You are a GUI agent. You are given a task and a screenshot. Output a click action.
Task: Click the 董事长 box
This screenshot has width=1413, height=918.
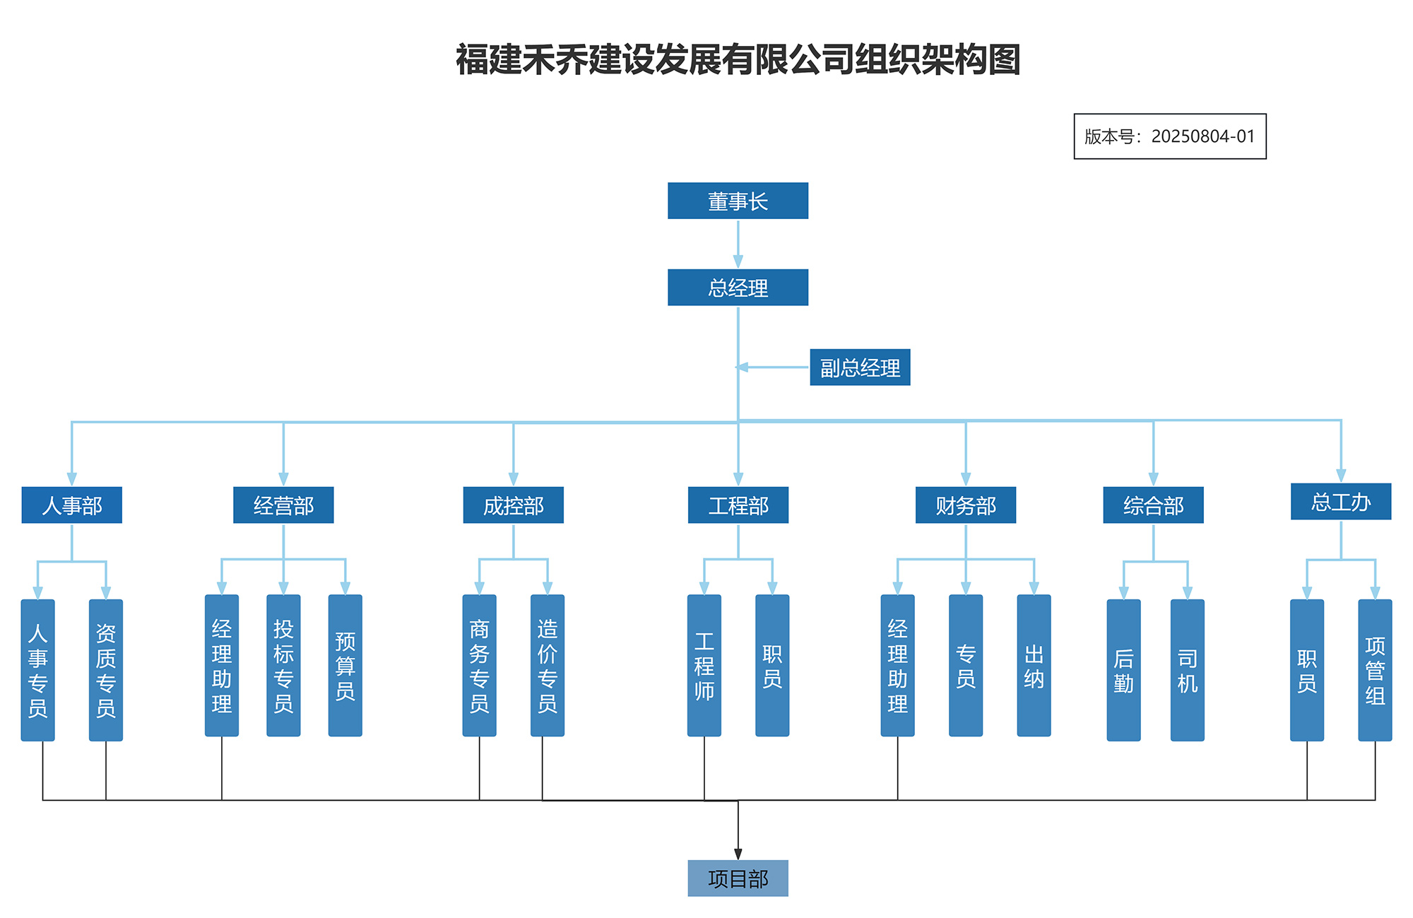(x=738, y=201)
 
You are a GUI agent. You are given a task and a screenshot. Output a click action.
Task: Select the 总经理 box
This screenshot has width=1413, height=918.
(x=738, y=287)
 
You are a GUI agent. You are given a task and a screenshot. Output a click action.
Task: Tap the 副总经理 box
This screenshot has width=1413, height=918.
(x=859, y=367)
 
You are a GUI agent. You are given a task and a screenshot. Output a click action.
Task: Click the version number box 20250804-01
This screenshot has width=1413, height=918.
(x=1169, y=136)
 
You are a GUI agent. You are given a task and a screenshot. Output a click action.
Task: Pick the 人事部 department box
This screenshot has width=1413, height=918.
(x=71, y=505)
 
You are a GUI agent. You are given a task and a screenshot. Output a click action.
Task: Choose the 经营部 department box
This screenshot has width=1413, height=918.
(x=283, y=505)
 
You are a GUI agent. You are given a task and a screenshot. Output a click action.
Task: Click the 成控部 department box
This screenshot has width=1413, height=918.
(x=513, y=505)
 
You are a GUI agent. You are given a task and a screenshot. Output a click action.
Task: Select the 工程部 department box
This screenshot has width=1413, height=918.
(x=738, y=505)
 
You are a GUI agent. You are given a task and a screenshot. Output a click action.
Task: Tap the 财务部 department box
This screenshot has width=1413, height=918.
(x=965, y=505)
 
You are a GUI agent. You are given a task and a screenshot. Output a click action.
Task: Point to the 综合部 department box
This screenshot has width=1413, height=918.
(x=1153, y=505)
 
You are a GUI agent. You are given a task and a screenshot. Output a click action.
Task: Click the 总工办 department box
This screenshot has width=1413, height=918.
(x=1340, y=501)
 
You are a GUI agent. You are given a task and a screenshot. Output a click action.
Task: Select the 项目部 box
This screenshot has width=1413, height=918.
(x=738, y=878)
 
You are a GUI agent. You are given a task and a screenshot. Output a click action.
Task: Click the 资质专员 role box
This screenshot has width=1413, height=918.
(x=106, y=669)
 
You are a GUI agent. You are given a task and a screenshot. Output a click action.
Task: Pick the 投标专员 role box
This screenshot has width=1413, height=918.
(x=283, y=665)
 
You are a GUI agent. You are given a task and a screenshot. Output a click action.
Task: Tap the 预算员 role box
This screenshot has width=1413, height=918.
(x=345, y=665)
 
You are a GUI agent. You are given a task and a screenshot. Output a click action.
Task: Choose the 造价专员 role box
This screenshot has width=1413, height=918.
(x=547, y=665)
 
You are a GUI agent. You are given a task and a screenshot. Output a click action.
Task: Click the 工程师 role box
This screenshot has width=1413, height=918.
(x=704, y=665)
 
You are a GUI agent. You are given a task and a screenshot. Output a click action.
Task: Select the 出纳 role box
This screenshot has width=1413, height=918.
(x=1034, y=665)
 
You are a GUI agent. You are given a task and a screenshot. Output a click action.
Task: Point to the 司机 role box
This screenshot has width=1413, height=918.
(x=1187, y=669)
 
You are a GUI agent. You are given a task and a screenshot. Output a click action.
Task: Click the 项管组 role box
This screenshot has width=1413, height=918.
(x=1374, y=669)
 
